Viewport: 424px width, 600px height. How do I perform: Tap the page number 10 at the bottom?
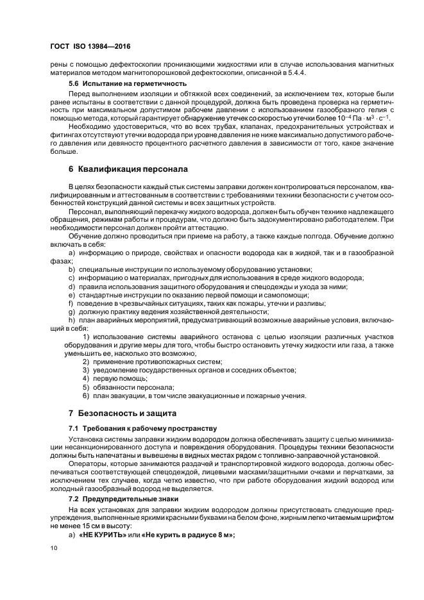pos(54,548)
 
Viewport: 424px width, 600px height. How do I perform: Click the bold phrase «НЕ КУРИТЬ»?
pos(102,535)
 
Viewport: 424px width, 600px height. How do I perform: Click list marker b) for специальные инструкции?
pos(71,269)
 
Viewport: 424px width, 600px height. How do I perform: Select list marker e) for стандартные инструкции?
pos(71,294)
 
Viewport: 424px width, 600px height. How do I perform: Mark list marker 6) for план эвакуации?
pos(86,396)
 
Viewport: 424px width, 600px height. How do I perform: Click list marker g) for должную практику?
pos(71,311)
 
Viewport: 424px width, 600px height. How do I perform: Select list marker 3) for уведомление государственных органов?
pos(86,371)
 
